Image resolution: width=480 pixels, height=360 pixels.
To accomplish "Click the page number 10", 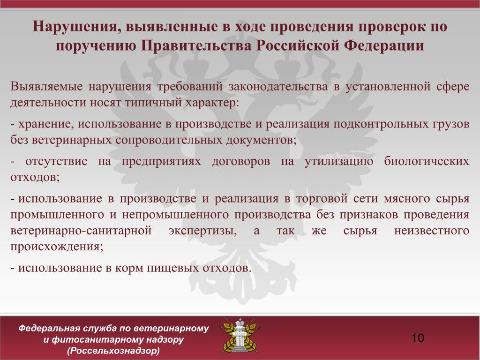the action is [418, 338].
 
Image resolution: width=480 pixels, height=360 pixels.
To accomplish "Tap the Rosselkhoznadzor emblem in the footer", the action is [240, 336].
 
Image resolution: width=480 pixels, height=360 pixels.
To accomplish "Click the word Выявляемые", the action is [46, 87].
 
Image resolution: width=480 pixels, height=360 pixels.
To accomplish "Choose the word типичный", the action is [153, 103].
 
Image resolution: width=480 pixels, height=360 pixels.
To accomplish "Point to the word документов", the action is [261, 141].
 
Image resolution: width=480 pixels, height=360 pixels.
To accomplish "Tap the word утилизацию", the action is [339, 162].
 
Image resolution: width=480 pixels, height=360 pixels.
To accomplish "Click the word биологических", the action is [427, 162].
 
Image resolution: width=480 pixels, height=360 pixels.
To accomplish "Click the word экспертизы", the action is [202, 231].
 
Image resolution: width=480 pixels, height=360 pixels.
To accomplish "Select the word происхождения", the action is [57, 247].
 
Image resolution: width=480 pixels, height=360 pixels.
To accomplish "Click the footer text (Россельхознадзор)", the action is [113, 351].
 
